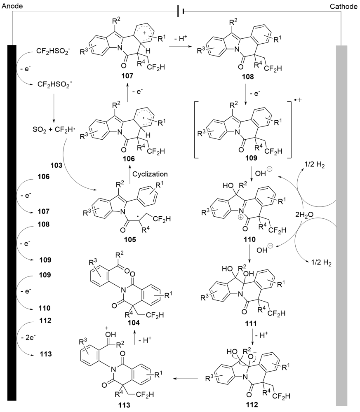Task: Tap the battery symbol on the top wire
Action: coord(179,11)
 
